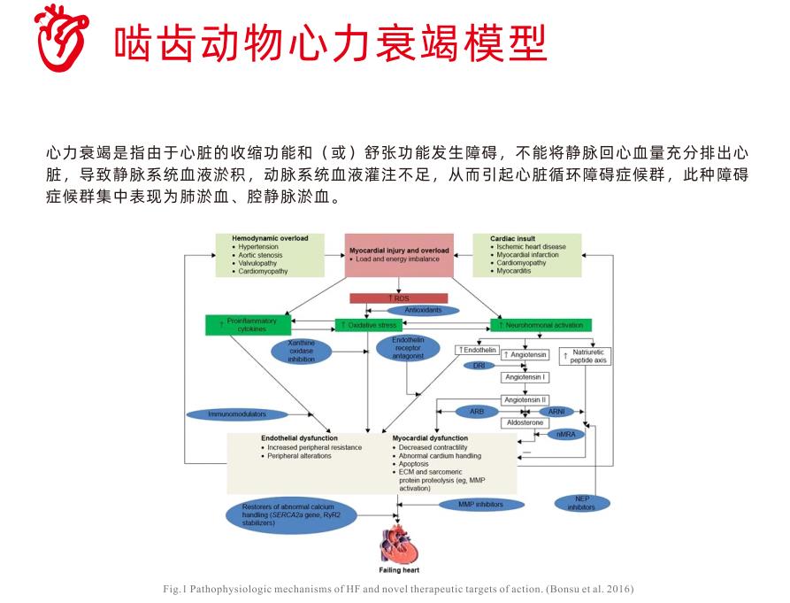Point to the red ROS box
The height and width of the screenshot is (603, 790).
(x=398, y=298)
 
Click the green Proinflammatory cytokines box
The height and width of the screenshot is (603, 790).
(x=241, y=325)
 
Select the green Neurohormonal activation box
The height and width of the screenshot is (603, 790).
(x=541, y=326)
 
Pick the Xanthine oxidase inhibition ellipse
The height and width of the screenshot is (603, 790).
(x=301, y=351)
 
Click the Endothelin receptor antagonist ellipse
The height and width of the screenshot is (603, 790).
(x=408, y=348)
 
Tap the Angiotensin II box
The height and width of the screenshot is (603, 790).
(x=525, y=400)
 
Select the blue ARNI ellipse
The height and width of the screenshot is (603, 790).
(x=556, y=412)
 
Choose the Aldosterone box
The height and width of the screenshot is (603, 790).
(x=525, y=423)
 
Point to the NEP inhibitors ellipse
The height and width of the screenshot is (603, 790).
(x=580, y=503)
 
